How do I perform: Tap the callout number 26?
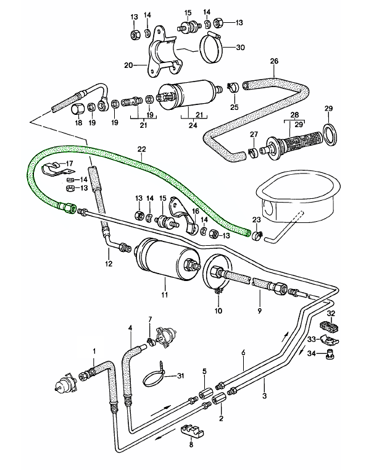coord(275,61)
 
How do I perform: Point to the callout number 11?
coord(164,295)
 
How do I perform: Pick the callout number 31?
coord(181,376)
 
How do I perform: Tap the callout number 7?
coord(149,319)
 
